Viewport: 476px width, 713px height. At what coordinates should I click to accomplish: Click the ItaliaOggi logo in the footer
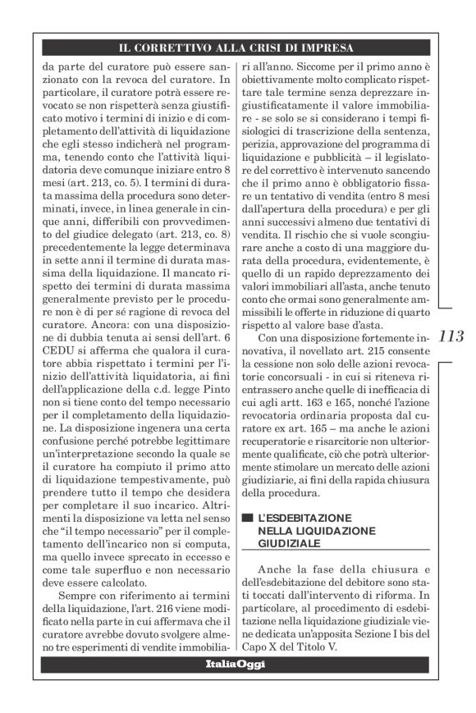(236, 664)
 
